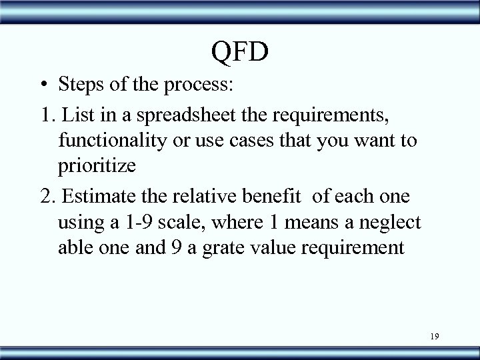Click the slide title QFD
[x=240, y=51]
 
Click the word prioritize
[x=97, y=167]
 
